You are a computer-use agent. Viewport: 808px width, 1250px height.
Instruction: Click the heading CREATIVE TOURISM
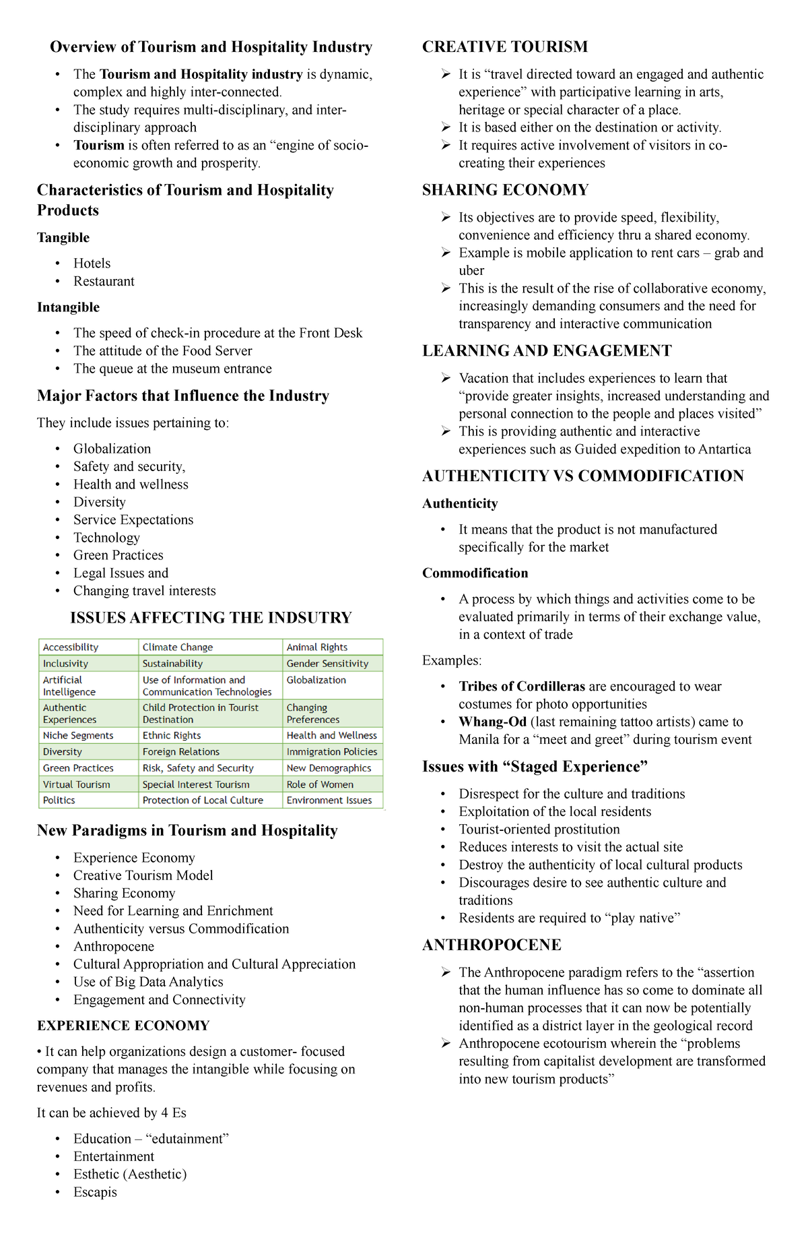[504, 46]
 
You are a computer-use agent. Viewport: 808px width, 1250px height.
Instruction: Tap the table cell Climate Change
[178, 647]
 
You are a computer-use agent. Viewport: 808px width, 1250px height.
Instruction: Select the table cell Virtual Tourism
[76, 784]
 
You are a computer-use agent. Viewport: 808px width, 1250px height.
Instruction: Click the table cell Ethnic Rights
[172, 735]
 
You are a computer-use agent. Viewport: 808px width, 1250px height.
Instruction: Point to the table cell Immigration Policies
[331, 751]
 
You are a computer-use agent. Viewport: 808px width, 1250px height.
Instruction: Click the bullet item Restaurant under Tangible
[104, 281]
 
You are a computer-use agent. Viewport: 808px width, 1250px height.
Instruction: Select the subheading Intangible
[68, 307]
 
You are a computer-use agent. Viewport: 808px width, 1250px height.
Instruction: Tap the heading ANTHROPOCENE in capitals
[492, 945]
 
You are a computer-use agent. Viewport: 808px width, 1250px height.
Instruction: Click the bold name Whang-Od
[492, 722]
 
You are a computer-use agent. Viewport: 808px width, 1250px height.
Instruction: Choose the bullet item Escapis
[95, 1191]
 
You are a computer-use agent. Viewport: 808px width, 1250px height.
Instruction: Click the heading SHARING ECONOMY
[505, 190]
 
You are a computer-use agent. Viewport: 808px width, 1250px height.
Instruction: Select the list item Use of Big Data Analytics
[148, 982]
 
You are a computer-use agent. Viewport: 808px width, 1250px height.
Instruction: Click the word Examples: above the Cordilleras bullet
[451, 660]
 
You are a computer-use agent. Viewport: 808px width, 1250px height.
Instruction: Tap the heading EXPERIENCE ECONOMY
[123, 1026]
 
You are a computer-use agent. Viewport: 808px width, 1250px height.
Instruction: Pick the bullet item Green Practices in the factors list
[118, 555]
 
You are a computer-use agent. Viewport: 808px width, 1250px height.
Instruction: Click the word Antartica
[724, 449]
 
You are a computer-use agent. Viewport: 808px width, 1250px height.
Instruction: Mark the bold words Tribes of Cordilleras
[522, 687]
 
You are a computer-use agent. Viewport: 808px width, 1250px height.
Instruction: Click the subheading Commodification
[475, 573]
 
